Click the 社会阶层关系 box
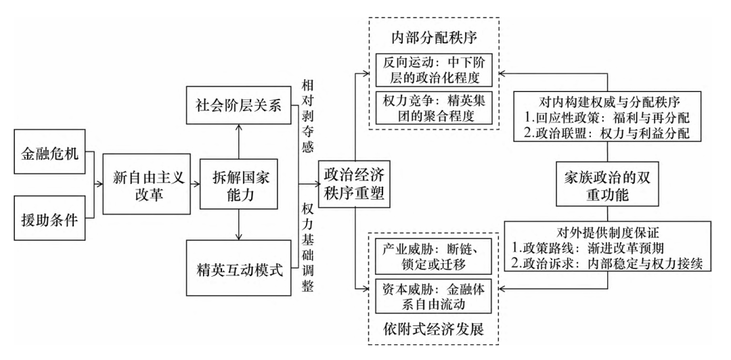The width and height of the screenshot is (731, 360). coord(238,107)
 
